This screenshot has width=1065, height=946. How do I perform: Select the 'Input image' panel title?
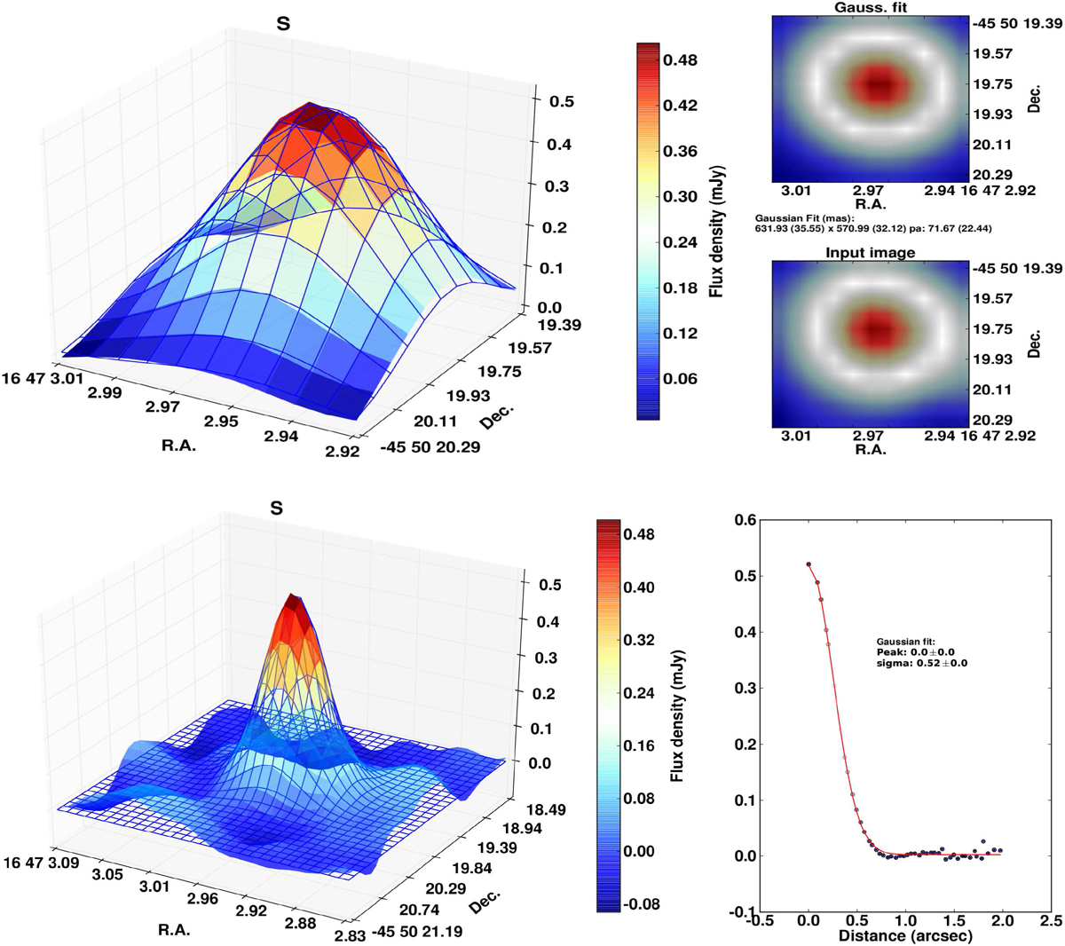click(870, 253)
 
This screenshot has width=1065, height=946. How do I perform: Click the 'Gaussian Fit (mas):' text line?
click(792, 217)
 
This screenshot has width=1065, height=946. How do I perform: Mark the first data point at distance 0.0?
click(809, 564)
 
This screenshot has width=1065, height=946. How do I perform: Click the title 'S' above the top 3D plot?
click(283, 24)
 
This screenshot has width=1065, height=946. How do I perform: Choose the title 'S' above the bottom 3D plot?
click(277, 508)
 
